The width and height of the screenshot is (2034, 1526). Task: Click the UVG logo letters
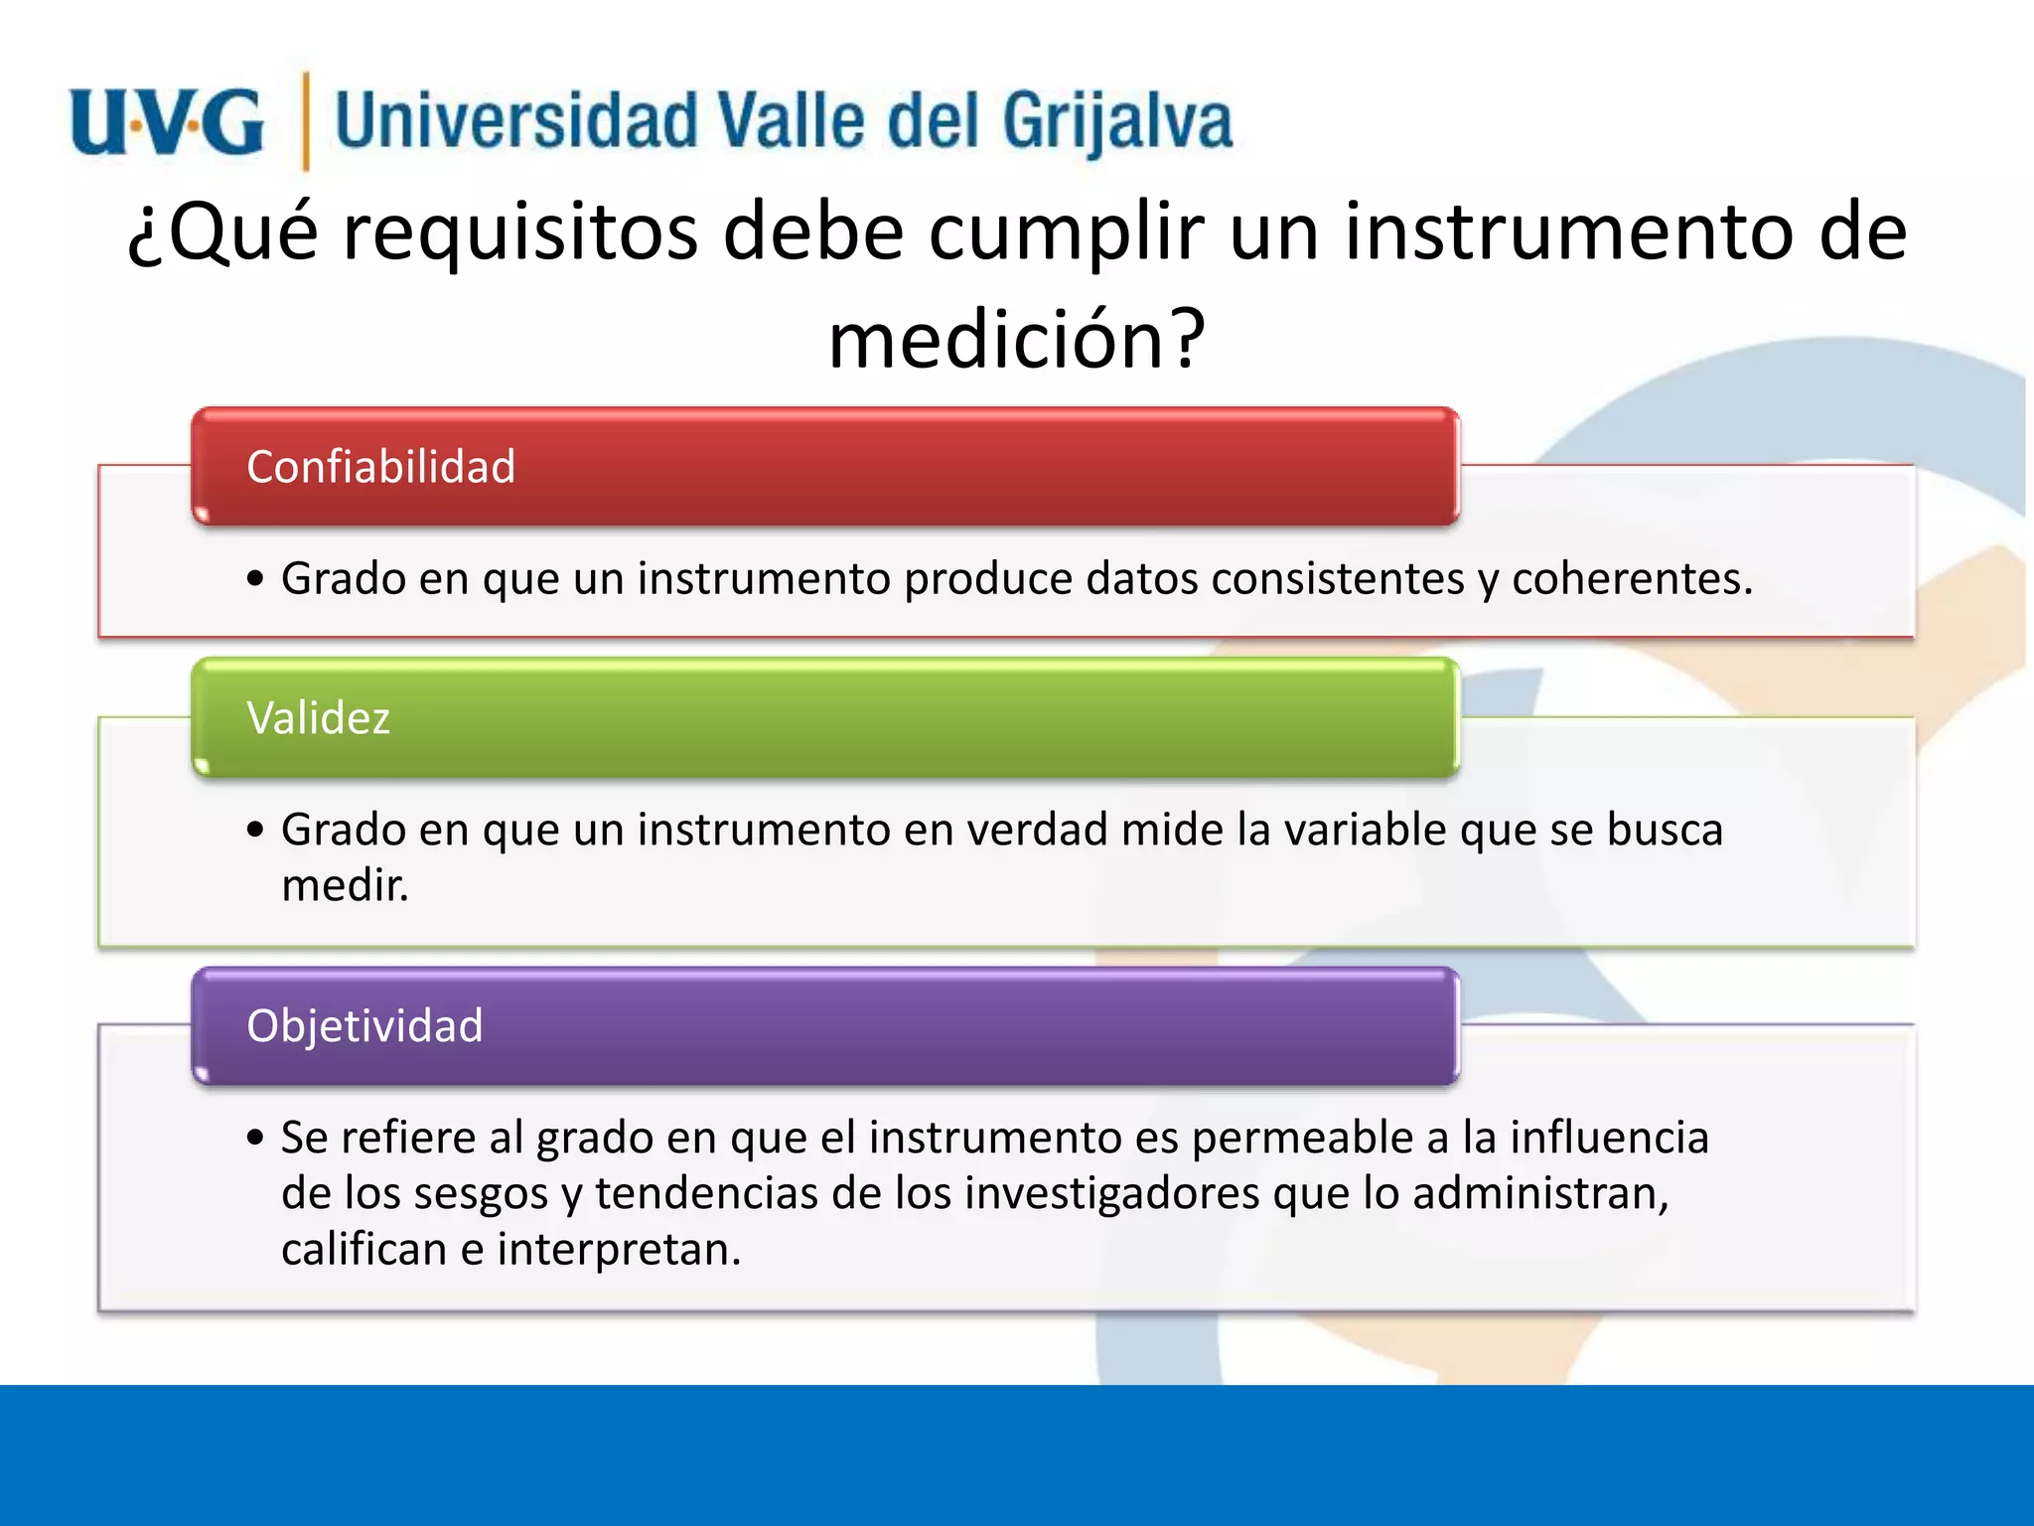pos(167,122)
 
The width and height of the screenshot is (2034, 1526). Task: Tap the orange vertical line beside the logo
pos(305,122)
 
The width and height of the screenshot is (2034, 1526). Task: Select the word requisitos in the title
pos(520,232)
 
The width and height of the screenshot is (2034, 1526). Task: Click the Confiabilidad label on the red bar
pos(380,467)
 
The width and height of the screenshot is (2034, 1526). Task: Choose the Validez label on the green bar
pos(318,717)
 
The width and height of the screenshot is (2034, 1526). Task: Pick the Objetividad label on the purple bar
pos(364,1025)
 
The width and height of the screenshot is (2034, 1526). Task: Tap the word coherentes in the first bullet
pos(1632,578)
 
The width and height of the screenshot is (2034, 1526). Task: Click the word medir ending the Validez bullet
pos(344,885)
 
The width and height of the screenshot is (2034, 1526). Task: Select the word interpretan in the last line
pos(618,1250)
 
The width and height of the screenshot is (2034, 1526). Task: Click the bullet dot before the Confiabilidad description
pos(256,579)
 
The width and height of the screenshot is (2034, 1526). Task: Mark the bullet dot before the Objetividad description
pos(256,1139)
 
